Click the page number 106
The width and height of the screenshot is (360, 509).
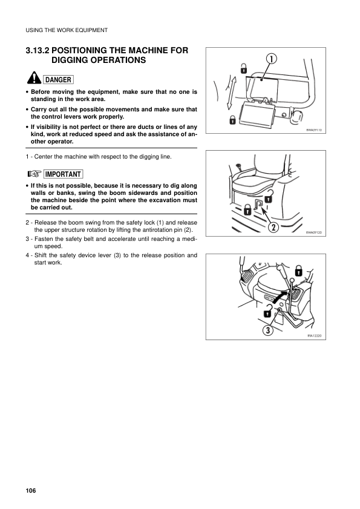(31, 490)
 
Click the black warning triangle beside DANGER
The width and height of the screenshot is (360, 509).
(34, 77)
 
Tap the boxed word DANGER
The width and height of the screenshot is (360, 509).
(58, 79)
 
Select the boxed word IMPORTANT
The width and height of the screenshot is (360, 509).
(63, 174)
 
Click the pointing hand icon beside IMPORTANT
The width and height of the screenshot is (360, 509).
(34, 174)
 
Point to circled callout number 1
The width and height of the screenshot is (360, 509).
(272, 59)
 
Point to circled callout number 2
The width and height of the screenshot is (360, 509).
(273, 227)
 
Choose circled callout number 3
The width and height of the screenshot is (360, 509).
(267, 330)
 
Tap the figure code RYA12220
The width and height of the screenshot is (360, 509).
(315, 336)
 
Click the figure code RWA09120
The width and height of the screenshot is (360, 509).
(314, 232)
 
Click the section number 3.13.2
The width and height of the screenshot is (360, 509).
(38, 51)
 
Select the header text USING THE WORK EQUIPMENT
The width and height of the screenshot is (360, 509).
(67, 30)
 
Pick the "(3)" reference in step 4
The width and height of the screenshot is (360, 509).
(117, 255)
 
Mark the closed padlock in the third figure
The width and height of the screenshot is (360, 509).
(299, 271)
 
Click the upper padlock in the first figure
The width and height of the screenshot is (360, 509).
(243, 68)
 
